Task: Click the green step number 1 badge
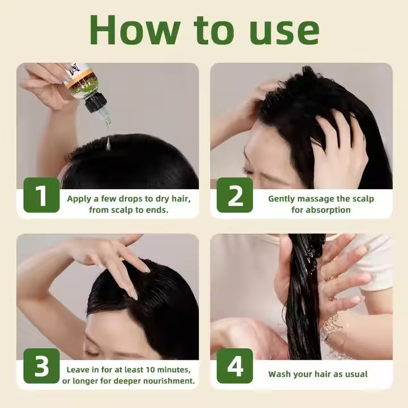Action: (41, 195)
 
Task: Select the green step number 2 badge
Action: (235, 195)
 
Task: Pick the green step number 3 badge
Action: (41, 367)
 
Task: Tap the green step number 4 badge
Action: (235, 367)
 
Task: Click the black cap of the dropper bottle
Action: (95, 103)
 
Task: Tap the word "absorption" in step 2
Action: (328, 210)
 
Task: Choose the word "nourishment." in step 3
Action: (168, 381)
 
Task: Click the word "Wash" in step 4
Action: (280, 374)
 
